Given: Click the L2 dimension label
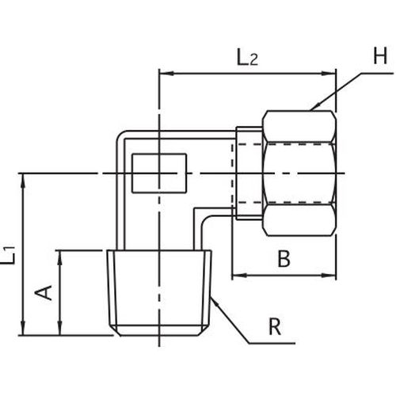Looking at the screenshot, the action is click(247, 58).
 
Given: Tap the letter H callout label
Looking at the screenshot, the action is click(380, 55).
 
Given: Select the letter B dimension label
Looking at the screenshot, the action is click(284, 259).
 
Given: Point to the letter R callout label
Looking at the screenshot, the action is click(275, 326).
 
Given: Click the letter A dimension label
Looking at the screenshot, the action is click(44, 292).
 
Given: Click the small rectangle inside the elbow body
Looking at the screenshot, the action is click(159, 173).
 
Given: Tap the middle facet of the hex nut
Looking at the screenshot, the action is click(299, 173).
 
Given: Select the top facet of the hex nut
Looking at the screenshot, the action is click(299, 127).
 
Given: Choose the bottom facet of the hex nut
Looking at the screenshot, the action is click(299, 220).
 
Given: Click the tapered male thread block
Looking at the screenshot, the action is click(159, 293).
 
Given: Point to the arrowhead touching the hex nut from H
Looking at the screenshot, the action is click(314, 107).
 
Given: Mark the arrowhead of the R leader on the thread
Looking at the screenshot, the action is click(215, 301).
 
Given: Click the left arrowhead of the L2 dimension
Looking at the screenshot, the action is click(166, 73).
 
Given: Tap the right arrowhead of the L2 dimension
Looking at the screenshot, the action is click(328, 73).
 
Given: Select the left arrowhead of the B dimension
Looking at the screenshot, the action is click(239, 276).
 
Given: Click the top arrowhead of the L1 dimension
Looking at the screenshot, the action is click(24, 181).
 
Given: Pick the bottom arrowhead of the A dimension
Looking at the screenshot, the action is click(60, 328).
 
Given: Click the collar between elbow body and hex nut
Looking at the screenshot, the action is click(249, 173).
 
